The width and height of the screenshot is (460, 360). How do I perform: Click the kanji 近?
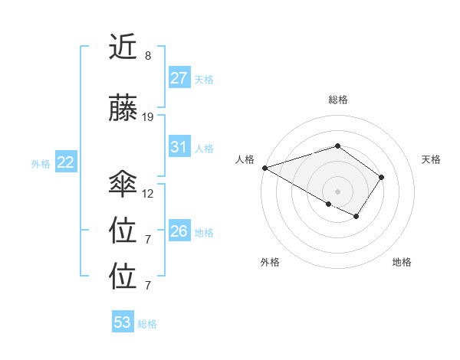124,49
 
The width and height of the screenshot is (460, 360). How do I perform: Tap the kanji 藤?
124,110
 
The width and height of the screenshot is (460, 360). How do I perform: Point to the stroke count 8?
147,56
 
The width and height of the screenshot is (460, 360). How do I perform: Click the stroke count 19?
148,117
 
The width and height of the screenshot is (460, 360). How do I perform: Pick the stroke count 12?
148,193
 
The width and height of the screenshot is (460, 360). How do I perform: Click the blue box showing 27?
179,78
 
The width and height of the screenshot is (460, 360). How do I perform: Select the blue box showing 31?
179,147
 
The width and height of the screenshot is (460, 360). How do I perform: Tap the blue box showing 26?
179,231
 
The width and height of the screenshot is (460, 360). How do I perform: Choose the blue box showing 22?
66,162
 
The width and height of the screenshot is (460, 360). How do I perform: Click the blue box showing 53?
123,322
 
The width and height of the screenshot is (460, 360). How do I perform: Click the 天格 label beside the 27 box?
204,79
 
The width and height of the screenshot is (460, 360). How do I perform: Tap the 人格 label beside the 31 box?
204,148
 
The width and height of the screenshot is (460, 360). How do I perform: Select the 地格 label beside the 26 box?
204,232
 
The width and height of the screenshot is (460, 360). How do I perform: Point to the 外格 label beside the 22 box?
41,163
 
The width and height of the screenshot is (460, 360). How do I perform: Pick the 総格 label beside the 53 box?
147,323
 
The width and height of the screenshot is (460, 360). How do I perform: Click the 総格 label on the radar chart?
337,100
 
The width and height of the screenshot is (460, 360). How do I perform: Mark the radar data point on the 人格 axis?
264,168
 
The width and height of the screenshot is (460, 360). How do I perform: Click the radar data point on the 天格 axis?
382,177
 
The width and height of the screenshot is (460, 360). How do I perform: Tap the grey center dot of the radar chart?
337,191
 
